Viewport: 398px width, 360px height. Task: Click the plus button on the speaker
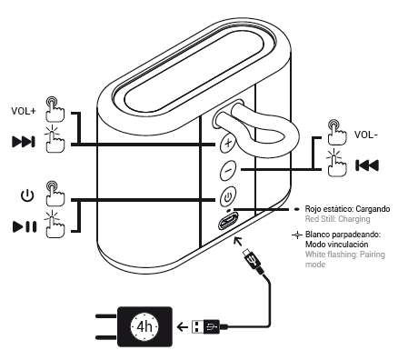coord(228,143)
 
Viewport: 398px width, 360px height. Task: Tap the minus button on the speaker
coord(228,170)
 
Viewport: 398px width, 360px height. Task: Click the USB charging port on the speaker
coord(228,221)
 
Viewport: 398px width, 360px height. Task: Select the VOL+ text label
coord(24,111)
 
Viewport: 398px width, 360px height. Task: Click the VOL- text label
coord(366,135)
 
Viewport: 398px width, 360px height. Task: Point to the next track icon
coord(24,142)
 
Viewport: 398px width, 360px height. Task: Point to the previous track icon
coord(367,165)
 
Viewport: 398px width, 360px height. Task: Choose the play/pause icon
coord(25,226)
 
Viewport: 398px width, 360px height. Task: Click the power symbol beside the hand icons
coord(27,195)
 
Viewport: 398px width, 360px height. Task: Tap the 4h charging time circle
coord(144,326)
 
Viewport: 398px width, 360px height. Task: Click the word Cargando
coord(373,209)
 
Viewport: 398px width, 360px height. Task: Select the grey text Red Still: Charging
coord(337,219)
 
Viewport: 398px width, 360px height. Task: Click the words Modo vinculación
coord(336,245)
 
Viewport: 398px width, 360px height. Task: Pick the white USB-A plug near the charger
coord(197,326)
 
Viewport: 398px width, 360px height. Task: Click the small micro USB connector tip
coord(247,252)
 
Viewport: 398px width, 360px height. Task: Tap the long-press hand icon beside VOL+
coord(55,109)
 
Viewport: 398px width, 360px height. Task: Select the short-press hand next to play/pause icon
coord(55,224)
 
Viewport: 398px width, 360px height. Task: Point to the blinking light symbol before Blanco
coord(297,235)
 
